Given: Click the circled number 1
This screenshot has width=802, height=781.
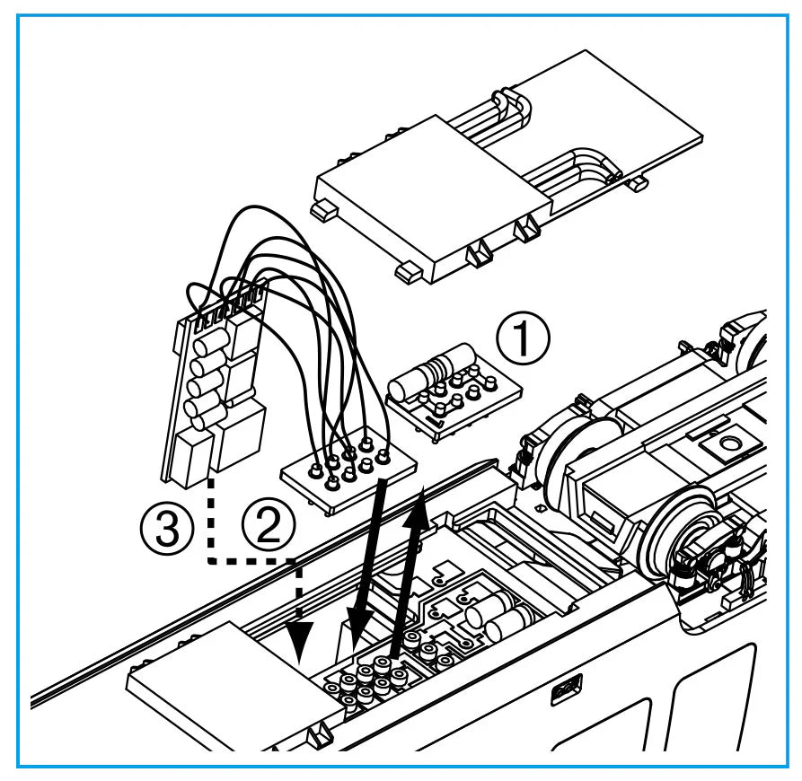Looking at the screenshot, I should coord(524,339).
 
